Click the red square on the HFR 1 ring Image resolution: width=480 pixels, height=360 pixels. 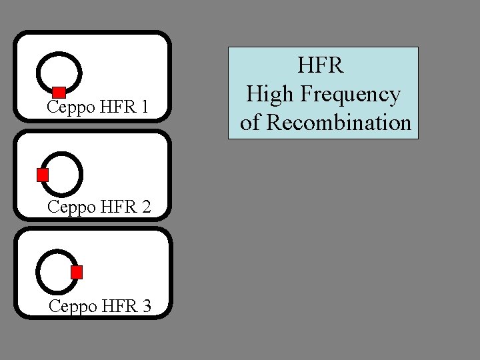59,92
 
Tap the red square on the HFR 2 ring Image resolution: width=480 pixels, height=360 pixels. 43,175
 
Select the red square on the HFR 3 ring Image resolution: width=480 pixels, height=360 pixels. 77,272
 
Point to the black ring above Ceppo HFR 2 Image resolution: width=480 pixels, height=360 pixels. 80,167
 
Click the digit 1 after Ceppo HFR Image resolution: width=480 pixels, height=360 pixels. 145,107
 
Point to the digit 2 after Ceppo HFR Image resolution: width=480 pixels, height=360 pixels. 146,207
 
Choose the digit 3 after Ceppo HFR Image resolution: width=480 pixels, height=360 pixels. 147,306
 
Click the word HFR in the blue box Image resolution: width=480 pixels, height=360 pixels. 321,65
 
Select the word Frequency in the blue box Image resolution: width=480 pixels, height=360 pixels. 353,95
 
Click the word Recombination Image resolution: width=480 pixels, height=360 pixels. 339,123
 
